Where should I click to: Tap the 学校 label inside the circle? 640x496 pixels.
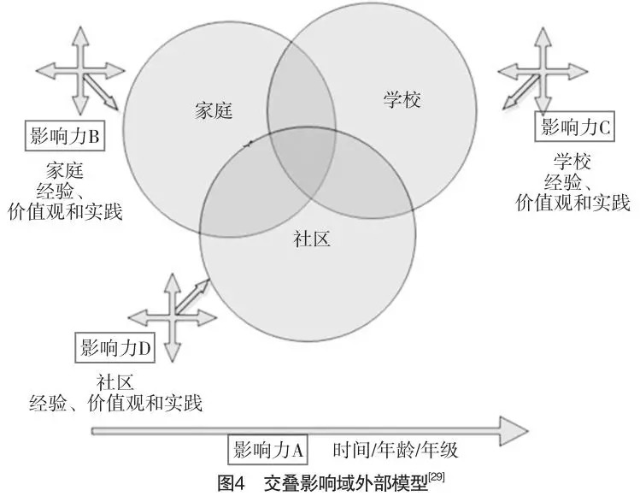401,100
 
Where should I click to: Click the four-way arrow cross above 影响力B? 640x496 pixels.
80,70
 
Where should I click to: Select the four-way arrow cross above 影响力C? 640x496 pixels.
540,70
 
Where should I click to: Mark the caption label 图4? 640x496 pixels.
232,481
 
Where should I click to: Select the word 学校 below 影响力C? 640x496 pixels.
572,161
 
